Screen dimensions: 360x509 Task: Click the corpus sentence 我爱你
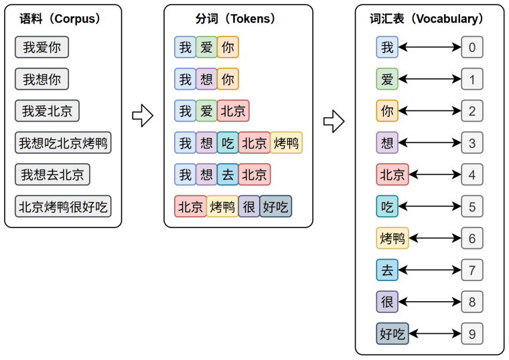click(x=42, y=48)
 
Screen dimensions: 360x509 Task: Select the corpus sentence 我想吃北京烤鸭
click(x=63, y=143)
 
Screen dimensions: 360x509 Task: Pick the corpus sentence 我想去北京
click(x=52, y=175)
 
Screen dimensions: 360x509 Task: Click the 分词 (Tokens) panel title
click(x=238, y=19)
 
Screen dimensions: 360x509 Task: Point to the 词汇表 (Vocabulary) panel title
click(x=429, y=19)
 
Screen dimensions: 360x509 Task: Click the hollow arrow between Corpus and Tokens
click(x=143, y=115)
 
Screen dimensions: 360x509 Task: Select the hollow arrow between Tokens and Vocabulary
click(x=334, y=121)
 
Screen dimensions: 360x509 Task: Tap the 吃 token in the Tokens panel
click(x=228, y=143)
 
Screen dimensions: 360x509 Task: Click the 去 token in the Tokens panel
click(x=228, y=175)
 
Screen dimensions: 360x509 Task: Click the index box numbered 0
click(x=472, y=48)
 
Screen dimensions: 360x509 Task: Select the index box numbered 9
click(x=472, y=333)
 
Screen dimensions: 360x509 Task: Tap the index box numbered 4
click(x=472, y=175)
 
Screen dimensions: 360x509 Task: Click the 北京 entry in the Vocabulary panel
click(x=392, y=175)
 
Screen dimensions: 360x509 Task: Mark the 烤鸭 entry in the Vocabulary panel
click(x=392, y=238)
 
